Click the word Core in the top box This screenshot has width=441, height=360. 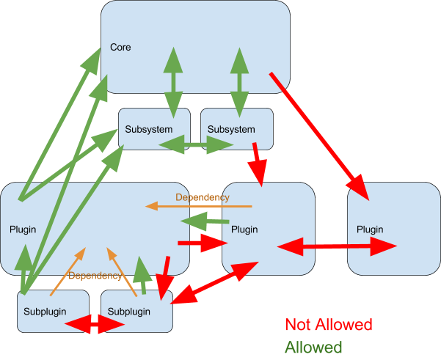120,48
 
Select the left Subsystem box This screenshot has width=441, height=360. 148,130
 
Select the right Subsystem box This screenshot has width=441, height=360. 231,130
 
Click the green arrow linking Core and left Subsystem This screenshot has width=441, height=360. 174,81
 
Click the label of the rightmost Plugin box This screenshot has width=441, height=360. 370,229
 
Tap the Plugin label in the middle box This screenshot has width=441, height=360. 244,229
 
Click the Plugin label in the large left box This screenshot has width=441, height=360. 23,229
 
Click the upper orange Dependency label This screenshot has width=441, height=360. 203,197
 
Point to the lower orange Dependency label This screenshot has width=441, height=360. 95,276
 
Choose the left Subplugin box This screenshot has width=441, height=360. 44,312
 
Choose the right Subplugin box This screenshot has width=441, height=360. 128,312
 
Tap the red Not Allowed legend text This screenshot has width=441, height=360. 328,325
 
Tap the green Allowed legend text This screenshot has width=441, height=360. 313,347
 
